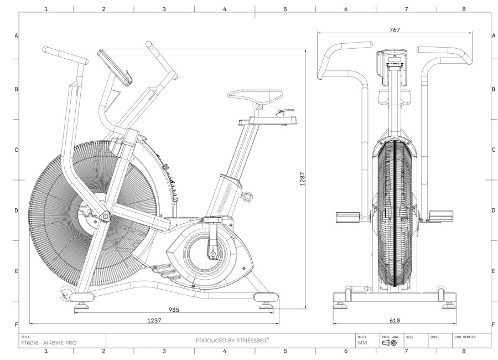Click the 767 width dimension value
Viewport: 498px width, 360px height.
coord(395,30)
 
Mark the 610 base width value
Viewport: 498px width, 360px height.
coord(394,320)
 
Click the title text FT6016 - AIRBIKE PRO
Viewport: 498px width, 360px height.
coord(49,343)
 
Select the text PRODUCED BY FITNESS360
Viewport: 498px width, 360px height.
coord(232,340)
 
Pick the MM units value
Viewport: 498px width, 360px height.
coord(362,343)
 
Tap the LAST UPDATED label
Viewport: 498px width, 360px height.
coord(465,336)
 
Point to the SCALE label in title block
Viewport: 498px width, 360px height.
coord(435,336)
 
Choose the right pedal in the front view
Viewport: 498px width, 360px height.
coord(440,215)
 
